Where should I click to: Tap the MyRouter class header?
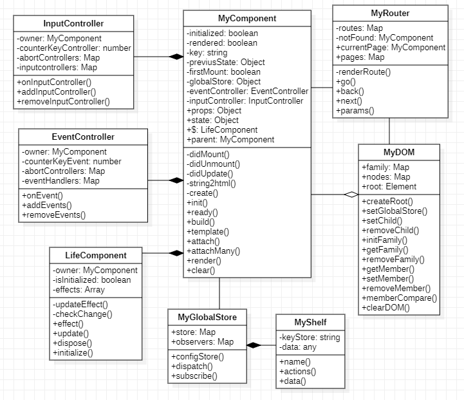point(390,13)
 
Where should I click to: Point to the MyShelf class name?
point(310,321)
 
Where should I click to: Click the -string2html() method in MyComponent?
point(211,183)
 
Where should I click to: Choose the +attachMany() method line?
point(212,251)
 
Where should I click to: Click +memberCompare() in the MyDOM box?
point(399,298)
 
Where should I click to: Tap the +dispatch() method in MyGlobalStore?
point(194,366)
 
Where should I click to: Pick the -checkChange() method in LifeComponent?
point(82,314)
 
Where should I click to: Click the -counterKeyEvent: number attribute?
point(71,161)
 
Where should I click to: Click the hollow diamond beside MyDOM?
point(350,194)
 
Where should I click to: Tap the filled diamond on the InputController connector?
point(175,57)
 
